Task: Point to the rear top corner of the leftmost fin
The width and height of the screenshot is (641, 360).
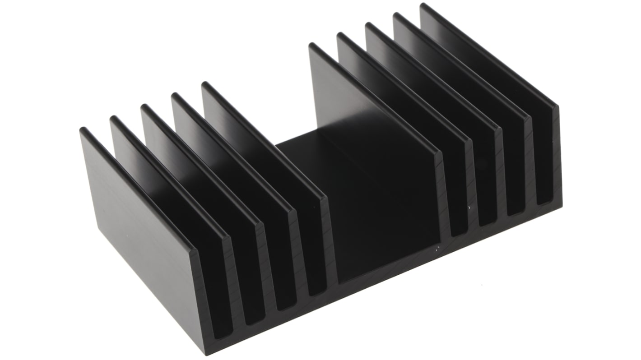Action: [83, 130]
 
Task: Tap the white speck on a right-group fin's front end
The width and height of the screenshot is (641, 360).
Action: [470, 208]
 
